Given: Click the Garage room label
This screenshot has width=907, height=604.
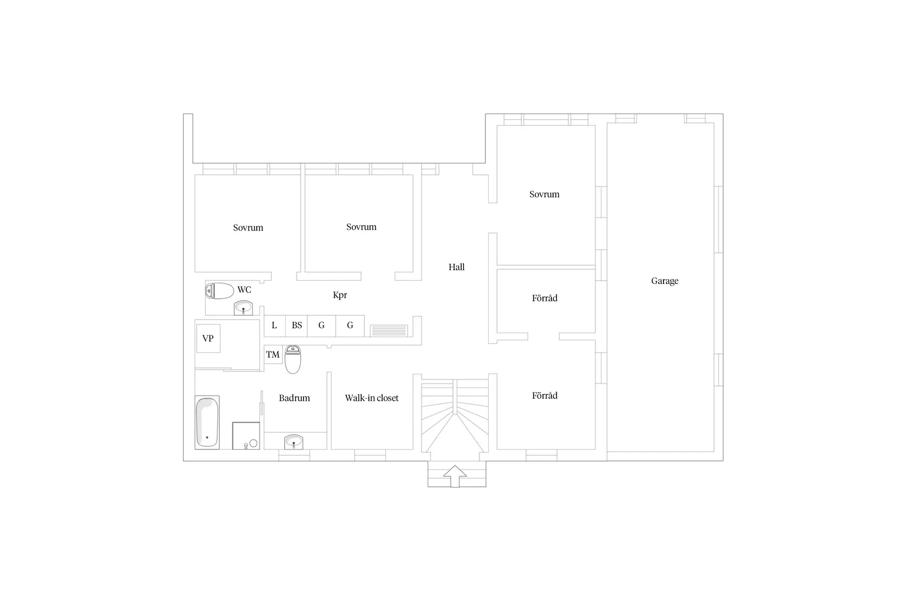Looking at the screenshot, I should pyautogui.click(x=665, y=281).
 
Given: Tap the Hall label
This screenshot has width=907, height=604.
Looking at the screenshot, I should pyautogui.click(x=456, y=267).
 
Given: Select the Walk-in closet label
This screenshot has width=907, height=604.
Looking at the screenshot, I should pyautogui.click(x=372, y=398).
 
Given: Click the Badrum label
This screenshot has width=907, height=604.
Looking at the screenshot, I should pyautogui.click(x=294, y=398).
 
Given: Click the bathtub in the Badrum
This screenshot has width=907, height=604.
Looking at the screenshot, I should pyautogui.click(x=207, y=422).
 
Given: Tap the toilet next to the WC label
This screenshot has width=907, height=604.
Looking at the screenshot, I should pyautogui.click(x=220, y=291).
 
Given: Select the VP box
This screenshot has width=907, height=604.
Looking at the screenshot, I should pyautogui.click(x=208, y=338).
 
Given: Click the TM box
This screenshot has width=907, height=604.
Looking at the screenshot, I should pyautogui.click(x=273, y=355).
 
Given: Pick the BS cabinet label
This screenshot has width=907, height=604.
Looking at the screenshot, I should pyautogui.click(x=297, y=326).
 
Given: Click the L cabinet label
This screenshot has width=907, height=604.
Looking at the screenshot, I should pyautogui.click(x=274, y=326).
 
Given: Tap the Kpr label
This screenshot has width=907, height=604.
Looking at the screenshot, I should pyautogui.click(x=340, y=295).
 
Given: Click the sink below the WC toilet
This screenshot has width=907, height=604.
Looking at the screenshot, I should pyautogui.click(x=244, y=309).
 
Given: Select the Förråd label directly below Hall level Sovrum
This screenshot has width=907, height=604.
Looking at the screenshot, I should pyautogui.click(x=544, y=298).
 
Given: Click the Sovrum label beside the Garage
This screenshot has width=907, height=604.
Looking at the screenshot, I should pyautogui.click(x=544, y=194).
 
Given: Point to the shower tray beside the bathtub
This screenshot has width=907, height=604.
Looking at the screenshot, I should pyautogui.click(x=246, y=435).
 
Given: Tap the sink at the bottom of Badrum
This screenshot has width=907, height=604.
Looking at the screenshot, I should pyautogui.click(x=294, y=441).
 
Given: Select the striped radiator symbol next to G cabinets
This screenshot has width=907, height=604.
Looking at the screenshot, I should pyautogui.click(x=389, y=331).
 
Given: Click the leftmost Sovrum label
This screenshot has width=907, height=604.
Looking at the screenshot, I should pyautogui.click(x=248, y=228).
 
